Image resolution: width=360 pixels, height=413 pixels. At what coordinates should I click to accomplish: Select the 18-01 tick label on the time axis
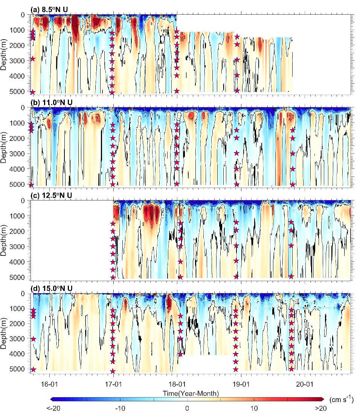177,382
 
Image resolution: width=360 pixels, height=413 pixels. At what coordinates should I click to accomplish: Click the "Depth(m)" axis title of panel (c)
5,240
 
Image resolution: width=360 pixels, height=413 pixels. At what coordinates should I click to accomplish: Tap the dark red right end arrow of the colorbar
322,399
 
